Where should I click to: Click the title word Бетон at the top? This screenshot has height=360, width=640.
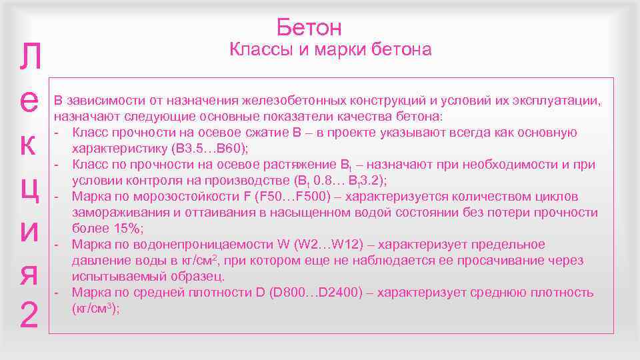tap(309, 27)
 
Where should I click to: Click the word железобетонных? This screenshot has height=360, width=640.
tap(291, 101)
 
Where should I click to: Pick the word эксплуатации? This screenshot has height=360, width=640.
tap(557, 101)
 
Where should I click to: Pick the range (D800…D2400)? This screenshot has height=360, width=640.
tap(313, 293)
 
